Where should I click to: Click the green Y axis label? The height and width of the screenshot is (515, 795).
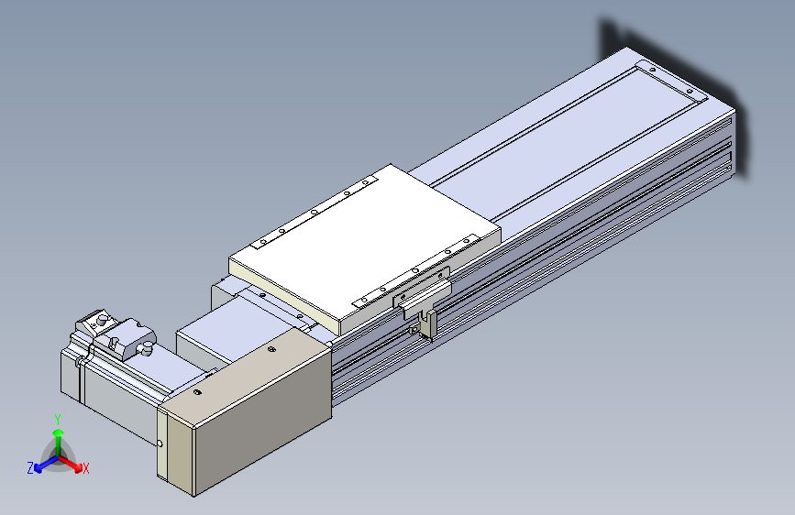point(58,419)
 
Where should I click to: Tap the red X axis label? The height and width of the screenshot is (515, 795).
point(85,468)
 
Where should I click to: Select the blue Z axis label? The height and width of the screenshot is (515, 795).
point(30,468)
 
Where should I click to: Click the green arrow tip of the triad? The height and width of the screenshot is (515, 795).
point(59,433)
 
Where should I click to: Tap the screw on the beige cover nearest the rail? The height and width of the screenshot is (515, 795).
point(271,349)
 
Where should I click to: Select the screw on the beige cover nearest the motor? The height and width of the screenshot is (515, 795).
point(198,392)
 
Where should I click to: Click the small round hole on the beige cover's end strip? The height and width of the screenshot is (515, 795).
point(160,444)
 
